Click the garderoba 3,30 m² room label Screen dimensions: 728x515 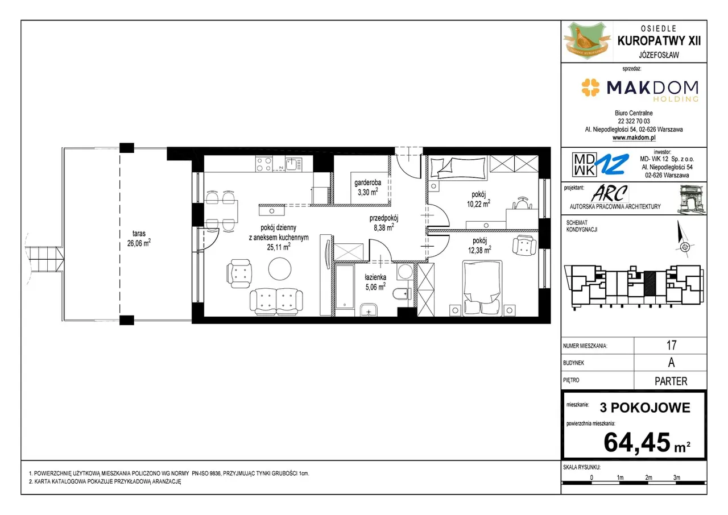[367, 188]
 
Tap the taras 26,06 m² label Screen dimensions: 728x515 [139, 238]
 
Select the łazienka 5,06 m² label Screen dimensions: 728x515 [375, 282]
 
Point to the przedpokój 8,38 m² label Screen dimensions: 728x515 [384, 223]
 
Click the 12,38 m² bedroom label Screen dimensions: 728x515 [479, 246]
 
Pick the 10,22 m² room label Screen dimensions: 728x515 [479, 199]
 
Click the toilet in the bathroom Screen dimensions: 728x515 [401, 294]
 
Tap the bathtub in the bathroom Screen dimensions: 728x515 [345, 286]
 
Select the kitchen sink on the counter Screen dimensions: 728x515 [294, 164]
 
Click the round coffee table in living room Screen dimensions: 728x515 [279, 268]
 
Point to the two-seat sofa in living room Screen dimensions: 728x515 [276, 302]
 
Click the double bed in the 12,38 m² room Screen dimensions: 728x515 [482, 288]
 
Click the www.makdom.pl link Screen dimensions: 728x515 [634, 138]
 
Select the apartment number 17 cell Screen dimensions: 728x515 [671, 345]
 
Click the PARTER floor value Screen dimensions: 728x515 [671, 381]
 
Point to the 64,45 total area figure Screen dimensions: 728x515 [636, 442]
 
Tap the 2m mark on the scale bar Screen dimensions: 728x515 [648, 477]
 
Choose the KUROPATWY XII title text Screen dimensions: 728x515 [659, 41]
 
